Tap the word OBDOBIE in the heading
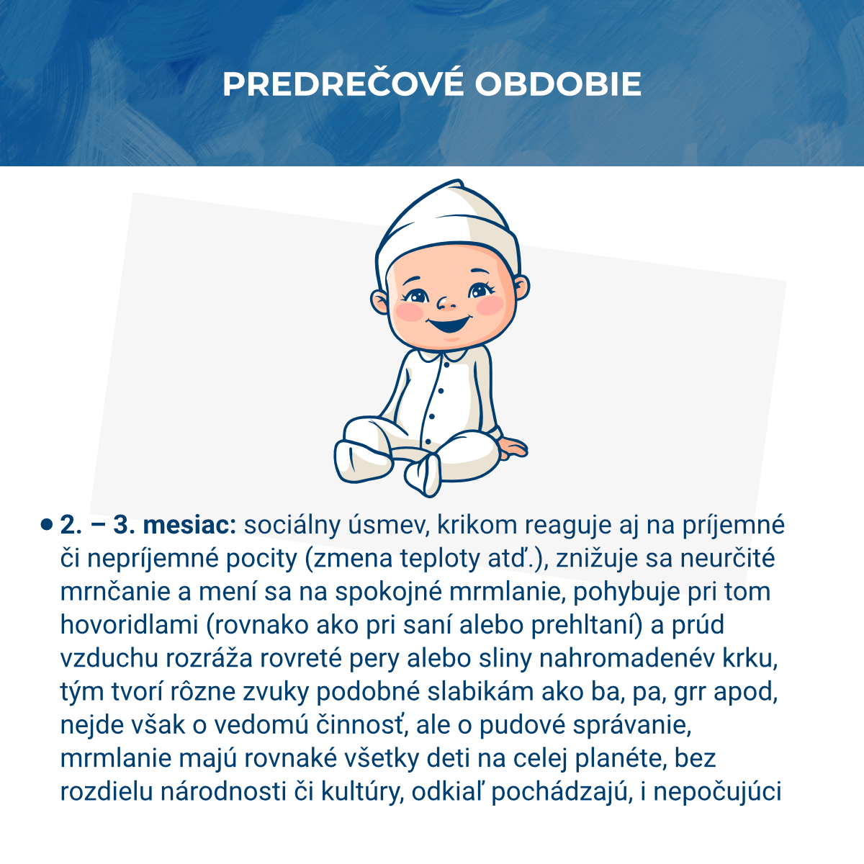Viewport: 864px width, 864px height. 557,85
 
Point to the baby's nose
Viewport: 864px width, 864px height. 446,301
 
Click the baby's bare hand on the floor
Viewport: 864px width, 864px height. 513,448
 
